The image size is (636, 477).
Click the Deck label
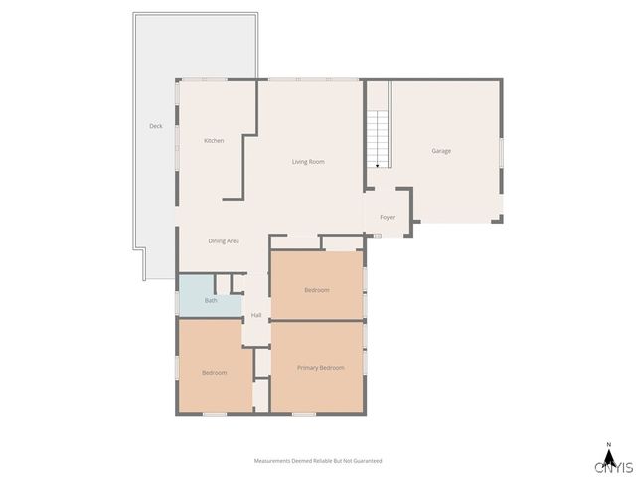pyautogui.click(x=156, y=126)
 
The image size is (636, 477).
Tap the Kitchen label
pyautogui.click(x=214, y=141)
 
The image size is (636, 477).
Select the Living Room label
pyautogui.click(x=308, y=162)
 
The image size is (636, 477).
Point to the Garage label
pyautogui.click(x=441, y=151)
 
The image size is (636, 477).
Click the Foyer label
pyautogui.click(x=387, y=217)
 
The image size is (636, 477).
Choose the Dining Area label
pyautogui.click(x=224, y=241)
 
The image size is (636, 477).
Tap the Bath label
pyautogui.click(x=211, y=300)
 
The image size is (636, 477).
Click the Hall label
pyautogui.click(x=256, y=315)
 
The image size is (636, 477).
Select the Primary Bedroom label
pyautogui.click(x=321, y=368)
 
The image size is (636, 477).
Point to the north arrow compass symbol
pyautogui.click(x=608, y=453)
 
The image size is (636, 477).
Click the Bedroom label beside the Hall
pyautogui.click(x=316, y=289)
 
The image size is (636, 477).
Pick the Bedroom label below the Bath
pyautogui.click(x=215, y=373)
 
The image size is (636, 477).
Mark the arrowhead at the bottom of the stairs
pyautogui.click(x=378, y=165)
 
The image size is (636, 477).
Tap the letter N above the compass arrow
pyautogui.click(x=608, y=443)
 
